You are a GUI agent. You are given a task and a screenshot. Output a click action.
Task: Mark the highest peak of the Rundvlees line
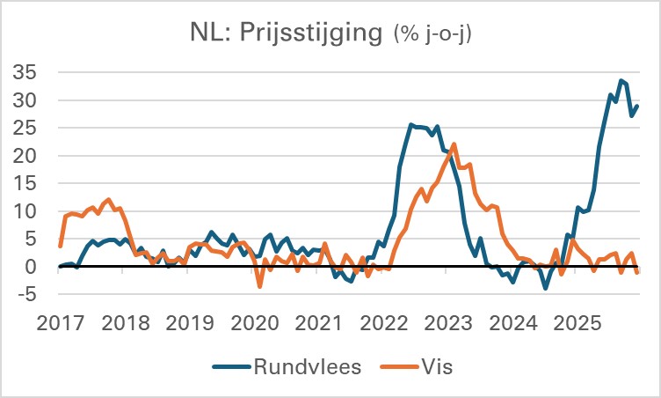click(621, 80)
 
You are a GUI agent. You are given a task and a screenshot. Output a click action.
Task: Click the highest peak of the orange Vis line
click(454, 144)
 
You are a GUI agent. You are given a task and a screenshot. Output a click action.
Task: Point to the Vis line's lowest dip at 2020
click(259, 286)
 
